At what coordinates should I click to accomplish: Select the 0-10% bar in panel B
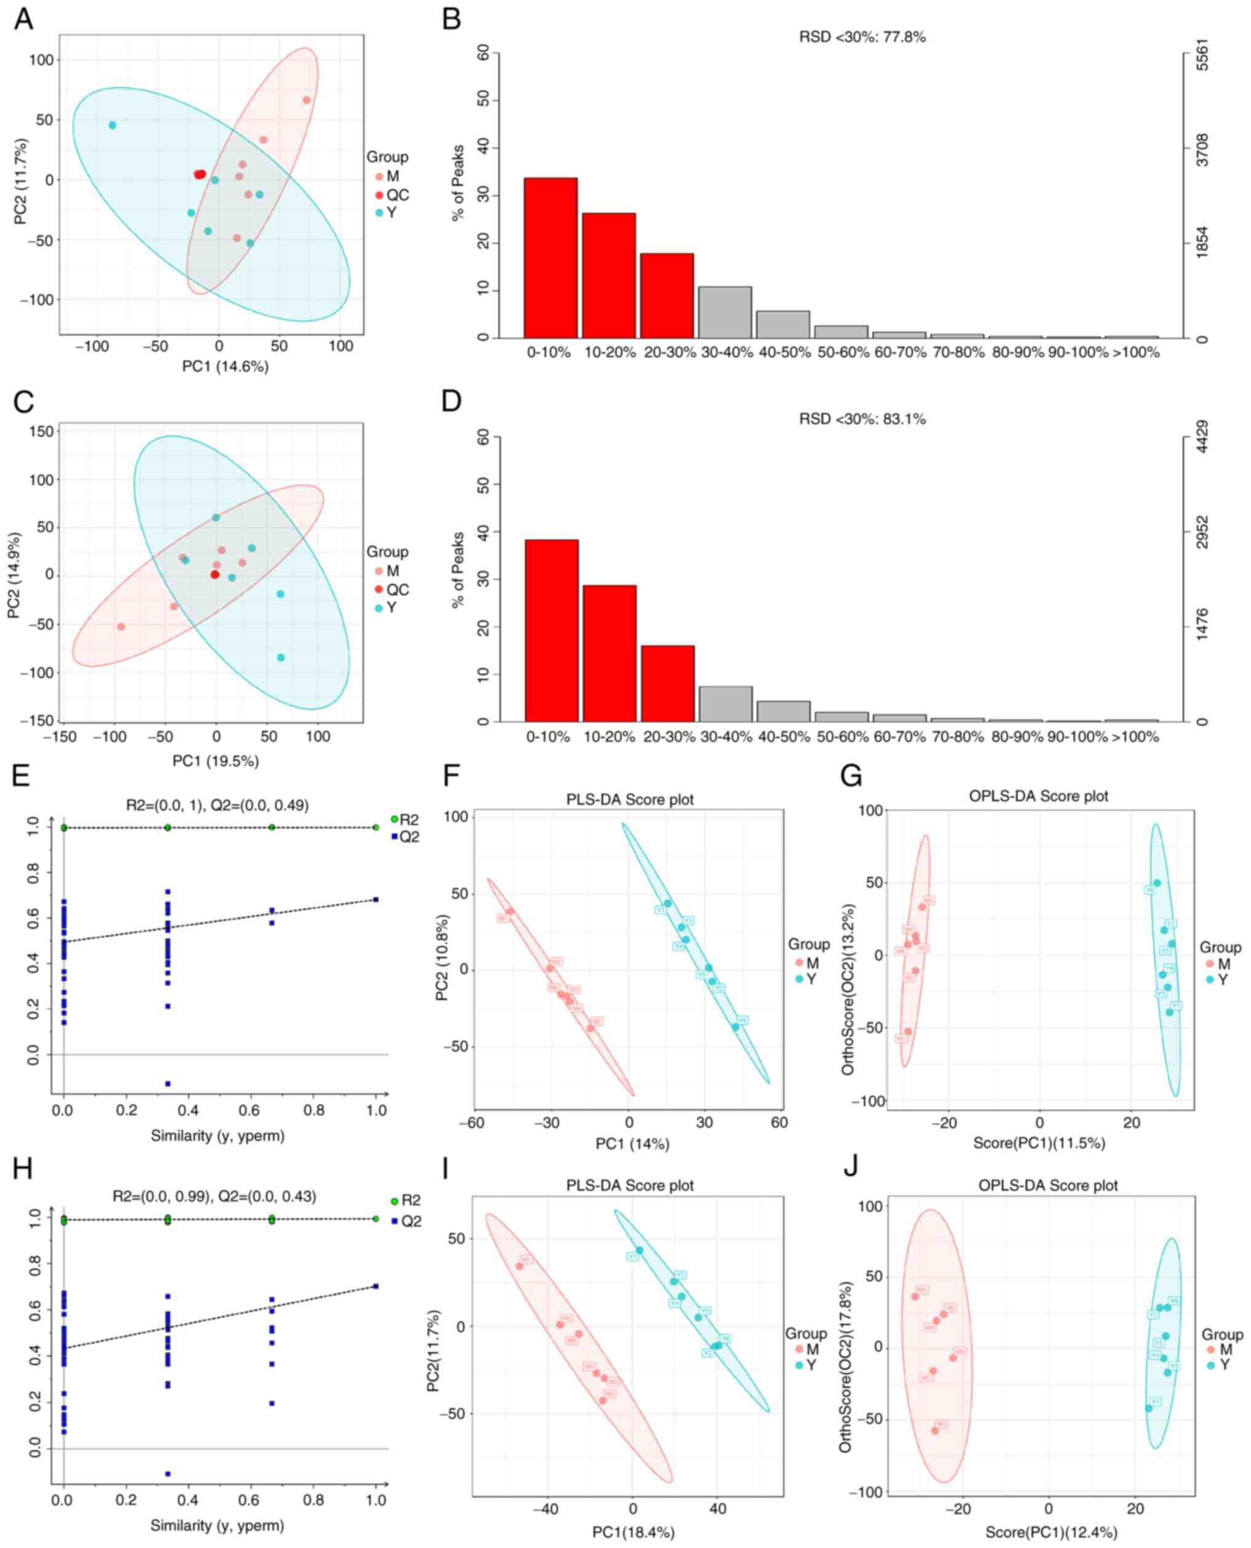pos(550,257)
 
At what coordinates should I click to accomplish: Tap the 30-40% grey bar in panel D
pos(725,703)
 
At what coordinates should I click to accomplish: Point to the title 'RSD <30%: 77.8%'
pos(862,37)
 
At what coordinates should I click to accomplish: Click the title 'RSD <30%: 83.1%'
pos(862,419)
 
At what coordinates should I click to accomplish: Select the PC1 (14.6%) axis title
pos(225,367)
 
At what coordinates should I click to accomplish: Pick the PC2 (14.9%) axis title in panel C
pos(14,575)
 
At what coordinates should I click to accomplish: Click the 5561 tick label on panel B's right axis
pos(1202,55)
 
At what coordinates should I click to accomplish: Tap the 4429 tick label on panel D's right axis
pos(1202,437)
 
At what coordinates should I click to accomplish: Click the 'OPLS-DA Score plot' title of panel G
pos(1039,796)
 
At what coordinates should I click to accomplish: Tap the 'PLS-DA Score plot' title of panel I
pos(630,1185)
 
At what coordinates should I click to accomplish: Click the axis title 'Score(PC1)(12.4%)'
pos(1051,1532)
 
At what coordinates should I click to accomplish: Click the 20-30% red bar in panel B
pos(667,296)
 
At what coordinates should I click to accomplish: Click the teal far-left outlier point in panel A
pos(113,126)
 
